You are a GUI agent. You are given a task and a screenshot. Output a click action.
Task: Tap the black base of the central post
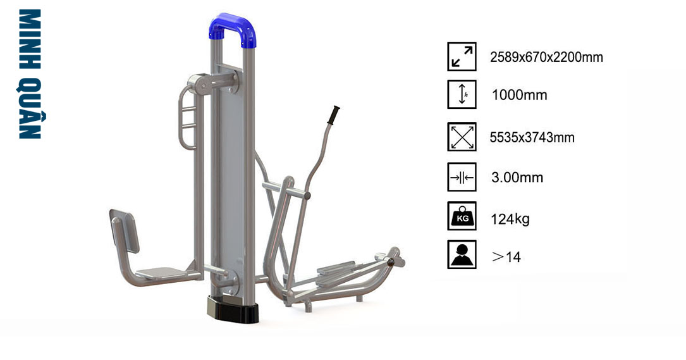click(233, 309)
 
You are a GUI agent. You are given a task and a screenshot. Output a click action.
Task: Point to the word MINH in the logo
click(30, 39)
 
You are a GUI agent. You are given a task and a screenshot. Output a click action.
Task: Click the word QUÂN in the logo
click(30, 108)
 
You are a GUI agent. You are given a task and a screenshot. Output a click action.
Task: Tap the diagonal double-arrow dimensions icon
click(462, 56)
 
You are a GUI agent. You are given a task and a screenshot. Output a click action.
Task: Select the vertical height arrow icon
click(462, 94)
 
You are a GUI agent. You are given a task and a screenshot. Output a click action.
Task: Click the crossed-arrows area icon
click(462, 137)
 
